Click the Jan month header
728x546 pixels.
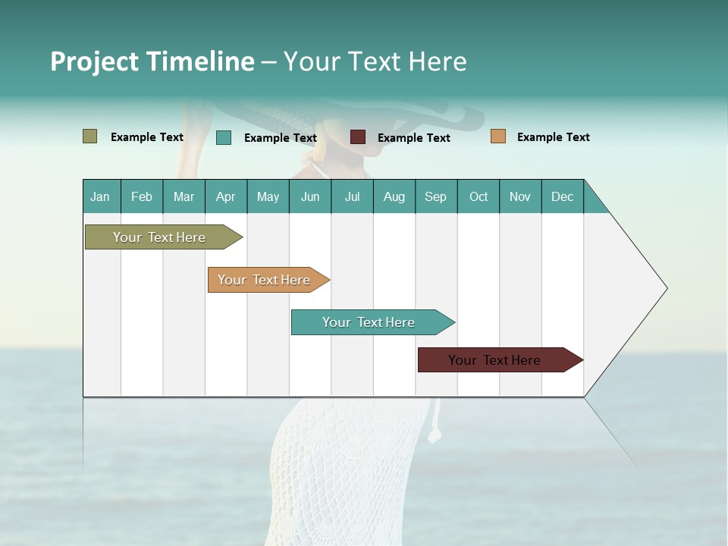[x=100, y=196]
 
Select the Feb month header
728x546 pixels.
[x=142, y=196]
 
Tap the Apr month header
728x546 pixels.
[x=226, y=196]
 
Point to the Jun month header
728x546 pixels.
[x=310, y=196]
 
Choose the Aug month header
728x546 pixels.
[x=394, y=196]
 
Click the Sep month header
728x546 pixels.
[x=436, y=196]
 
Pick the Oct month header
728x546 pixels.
[x=479, y=196]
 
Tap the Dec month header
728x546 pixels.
[x=563, y=196]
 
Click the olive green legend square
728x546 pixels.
[x=90, y=136]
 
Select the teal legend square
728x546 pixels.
[x=224, y=137]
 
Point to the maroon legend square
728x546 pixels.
[x=358, y=137]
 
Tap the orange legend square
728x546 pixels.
[x=498, y=136]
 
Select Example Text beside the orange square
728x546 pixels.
[x=553, y=137]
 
